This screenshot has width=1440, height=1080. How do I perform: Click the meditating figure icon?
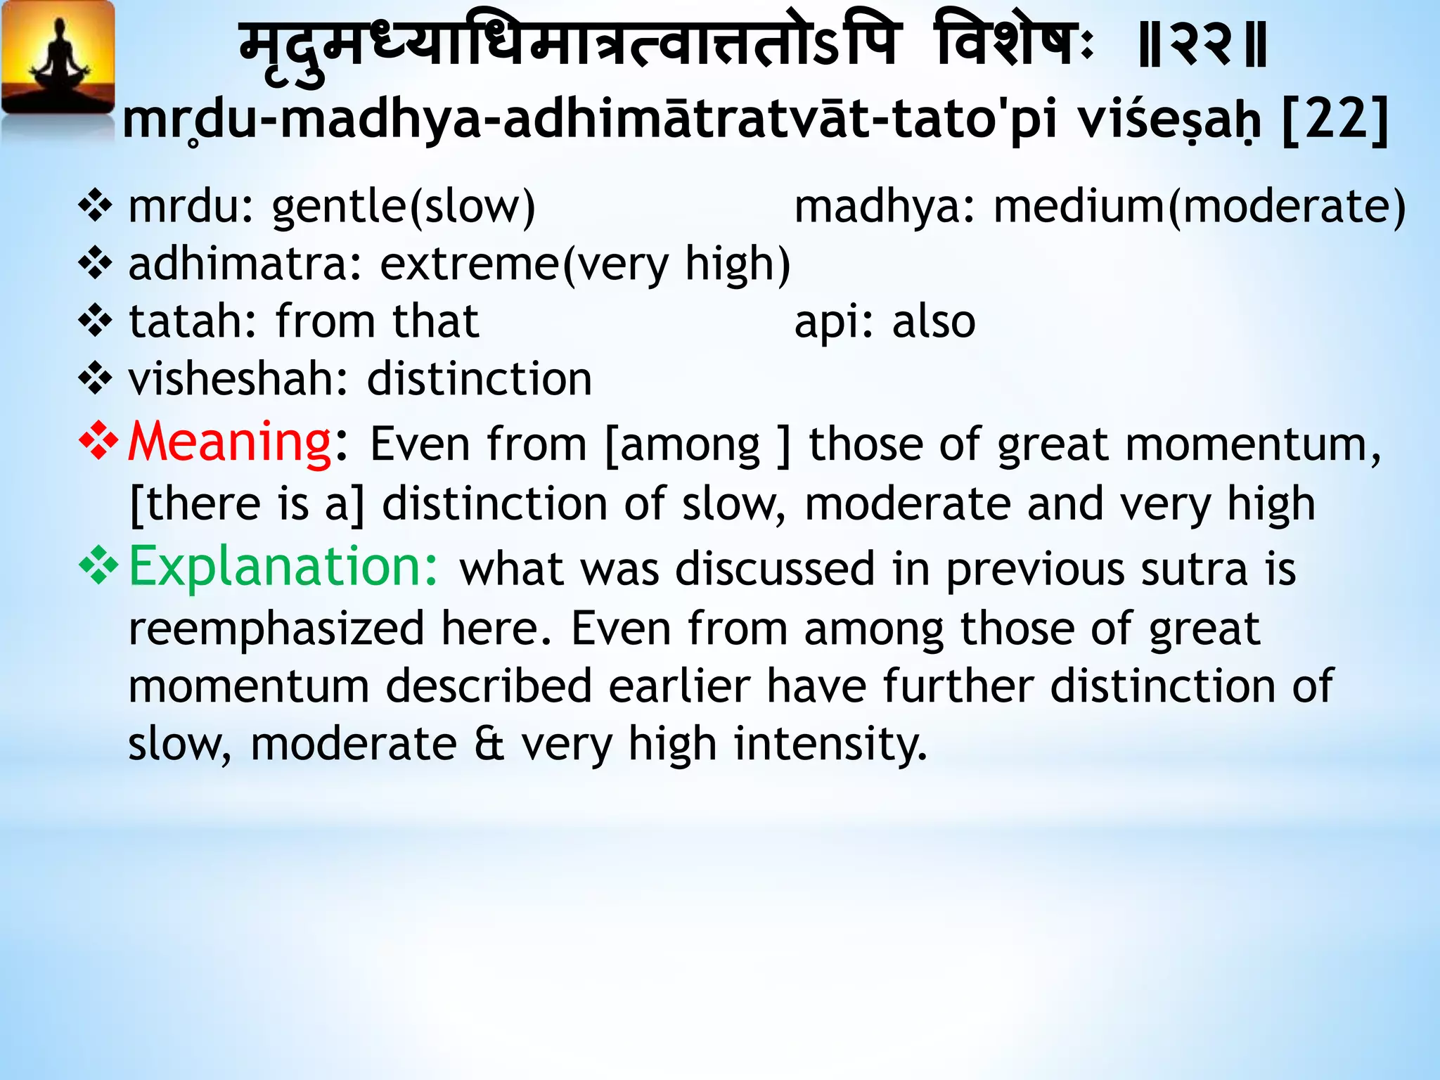(x=58, y=60)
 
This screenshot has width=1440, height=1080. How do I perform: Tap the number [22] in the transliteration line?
(x=1335, y=120)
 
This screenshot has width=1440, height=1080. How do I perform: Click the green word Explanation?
(x=283, y=567)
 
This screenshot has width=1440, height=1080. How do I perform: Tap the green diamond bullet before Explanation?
(x=98, y=567)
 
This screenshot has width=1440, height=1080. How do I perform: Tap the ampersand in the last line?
(x=489, y=744)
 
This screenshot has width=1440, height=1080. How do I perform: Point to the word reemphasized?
(x=276, y=629)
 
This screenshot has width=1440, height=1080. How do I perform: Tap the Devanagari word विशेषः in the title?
(x=1015, y=46)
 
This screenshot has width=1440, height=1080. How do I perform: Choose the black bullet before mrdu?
(x=96, y=207)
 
